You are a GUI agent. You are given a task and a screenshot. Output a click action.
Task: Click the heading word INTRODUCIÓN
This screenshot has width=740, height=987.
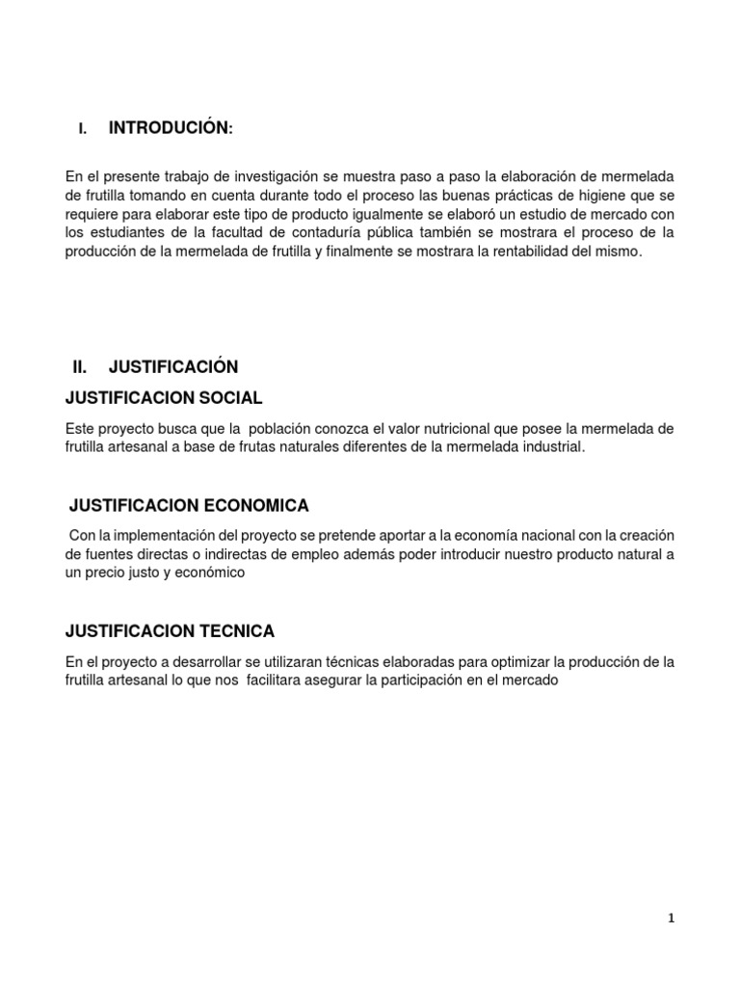coord(170,129)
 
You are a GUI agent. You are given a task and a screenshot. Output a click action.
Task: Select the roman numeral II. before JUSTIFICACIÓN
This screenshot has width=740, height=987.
coord(80,367)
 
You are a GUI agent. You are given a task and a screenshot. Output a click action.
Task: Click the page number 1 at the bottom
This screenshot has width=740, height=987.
coord(672,919)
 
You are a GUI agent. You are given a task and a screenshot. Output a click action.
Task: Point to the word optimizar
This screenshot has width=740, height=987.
coord(502,661)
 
